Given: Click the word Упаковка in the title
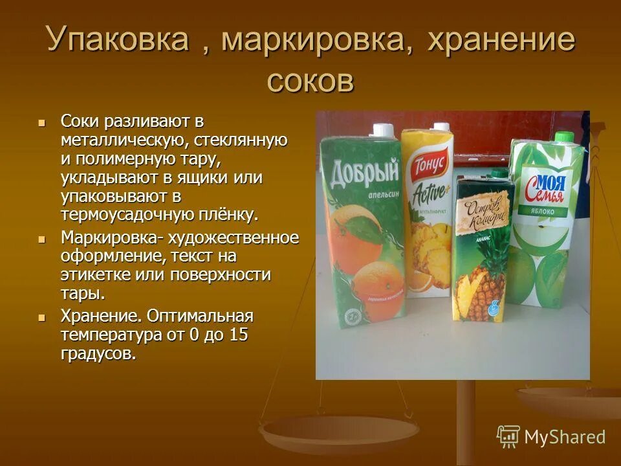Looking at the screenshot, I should pyautogui.click(x=118, y=41).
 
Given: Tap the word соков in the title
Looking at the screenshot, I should pyautogui.click(x=310, y=80).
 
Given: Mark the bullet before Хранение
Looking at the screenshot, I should pyautogui.click(x=42, y=317).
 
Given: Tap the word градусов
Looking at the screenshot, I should pyautogui.click(x=98, y=353).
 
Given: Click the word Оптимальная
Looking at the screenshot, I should pyautogui.click(x=200, y=316).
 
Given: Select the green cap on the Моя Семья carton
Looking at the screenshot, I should pyautogui.click(x=564, y=135).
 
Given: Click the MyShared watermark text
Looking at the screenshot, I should pyautogui.click(x=564, y=437).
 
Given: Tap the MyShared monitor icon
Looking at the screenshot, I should pyautogui.click(x=508, y=436).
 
